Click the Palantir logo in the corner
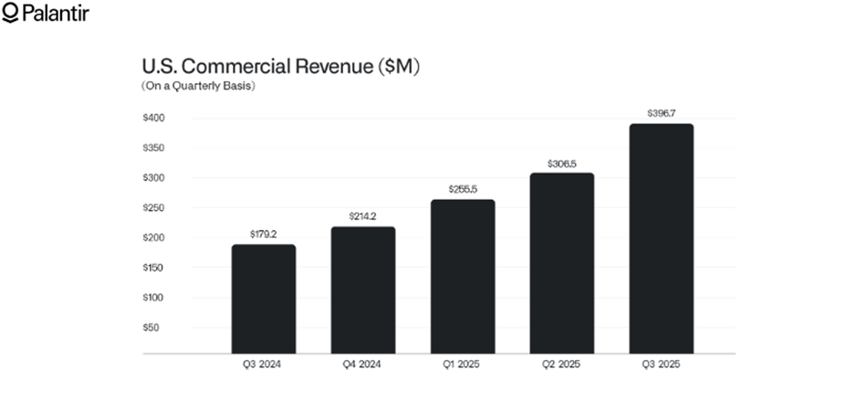(46, 13)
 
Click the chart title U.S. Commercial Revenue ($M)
(280, 67)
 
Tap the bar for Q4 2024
(363, 290)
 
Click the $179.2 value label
(263, 234)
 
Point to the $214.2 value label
(363, 216)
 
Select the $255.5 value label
(463, 189)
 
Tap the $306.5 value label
(562, 163)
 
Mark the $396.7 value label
(662, 113)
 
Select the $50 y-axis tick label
(151, 327)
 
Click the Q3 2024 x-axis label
(263, 366)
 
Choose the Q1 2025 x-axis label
(463, 366)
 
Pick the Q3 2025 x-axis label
(662, 366)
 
